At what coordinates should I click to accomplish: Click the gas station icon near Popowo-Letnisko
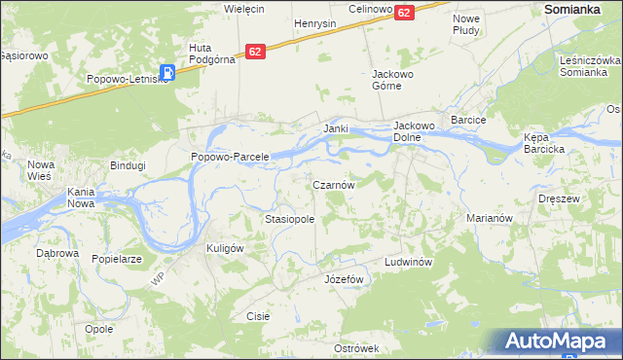(x=168, y=71)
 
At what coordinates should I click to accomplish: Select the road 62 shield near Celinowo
(x=405, y=12)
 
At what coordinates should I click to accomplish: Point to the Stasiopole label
(x=290, y=220)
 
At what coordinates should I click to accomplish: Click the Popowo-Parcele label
(x=230, y=157)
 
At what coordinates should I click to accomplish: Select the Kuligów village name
(x=224, y=248)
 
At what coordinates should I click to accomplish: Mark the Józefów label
(x=343, y=279)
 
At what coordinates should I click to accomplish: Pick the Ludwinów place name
(x=407, y=263)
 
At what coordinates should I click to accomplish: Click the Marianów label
(x=489, y=219)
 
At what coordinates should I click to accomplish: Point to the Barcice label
(x=468, y=120)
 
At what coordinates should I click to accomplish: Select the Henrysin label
(x=315, y=22)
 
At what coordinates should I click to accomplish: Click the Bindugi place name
(x=128, y=165)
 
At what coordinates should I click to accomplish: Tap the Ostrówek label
(x=355, y=348)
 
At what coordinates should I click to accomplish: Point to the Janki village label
(x=336, y=128)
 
